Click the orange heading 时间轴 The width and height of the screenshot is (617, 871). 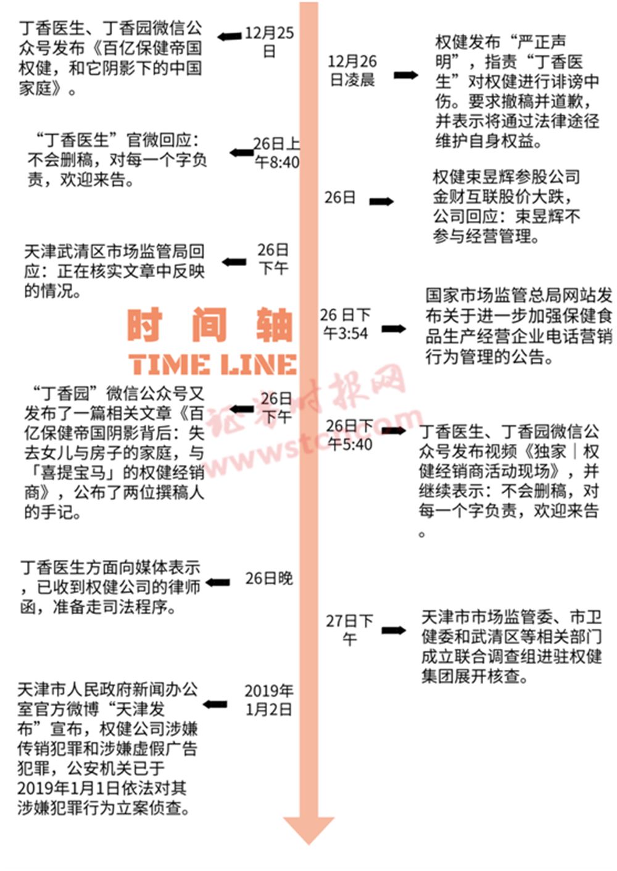[210, 325]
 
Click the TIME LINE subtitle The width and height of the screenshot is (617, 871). [213, 364]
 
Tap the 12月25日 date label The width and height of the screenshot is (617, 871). [269, 42]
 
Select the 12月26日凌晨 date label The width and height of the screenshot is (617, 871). [352, 70]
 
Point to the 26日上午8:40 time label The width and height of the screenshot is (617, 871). [277, 153]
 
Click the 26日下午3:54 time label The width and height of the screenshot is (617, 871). [346, 324]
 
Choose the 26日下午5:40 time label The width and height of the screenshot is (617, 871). [349, 435]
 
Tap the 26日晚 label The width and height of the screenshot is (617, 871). [269, 578]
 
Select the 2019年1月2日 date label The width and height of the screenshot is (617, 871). [269, 700]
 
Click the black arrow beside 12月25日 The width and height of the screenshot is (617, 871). [230, 36]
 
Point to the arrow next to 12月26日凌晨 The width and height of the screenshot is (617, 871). [406, 75]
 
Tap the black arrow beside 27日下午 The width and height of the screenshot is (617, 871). [393, 630]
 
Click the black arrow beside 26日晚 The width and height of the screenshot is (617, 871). [218, 582]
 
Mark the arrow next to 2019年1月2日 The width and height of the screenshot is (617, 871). [215, 704]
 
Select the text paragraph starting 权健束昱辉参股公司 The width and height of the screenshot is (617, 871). [507, 206]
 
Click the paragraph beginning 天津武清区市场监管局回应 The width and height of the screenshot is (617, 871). [114, 271]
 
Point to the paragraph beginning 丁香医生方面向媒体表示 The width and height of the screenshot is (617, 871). [110, 587]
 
